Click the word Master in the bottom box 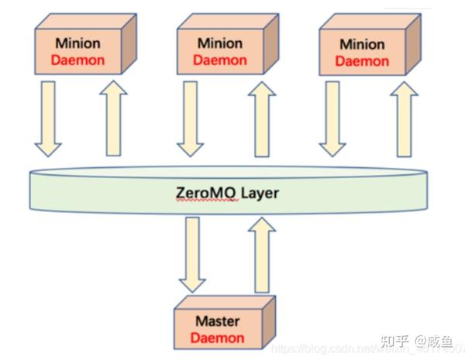pos(218,321)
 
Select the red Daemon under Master pos(218,338)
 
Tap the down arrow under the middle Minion pos(191,121)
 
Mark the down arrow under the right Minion pos(333,121)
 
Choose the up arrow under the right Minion pos(401,121)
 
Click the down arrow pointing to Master pos(191,252)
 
